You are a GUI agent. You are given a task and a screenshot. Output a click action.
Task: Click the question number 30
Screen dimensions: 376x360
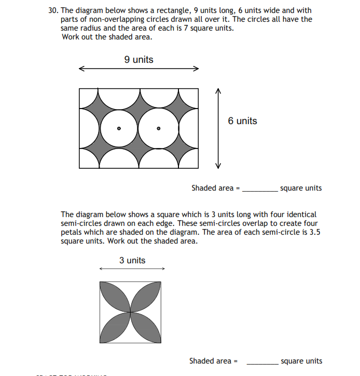click(53, 10)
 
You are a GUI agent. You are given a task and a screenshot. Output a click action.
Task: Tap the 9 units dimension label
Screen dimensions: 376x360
click(139, 60)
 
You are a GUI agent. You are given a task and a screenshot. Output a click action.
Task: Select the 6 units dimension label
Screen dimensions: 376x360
click(242, 121)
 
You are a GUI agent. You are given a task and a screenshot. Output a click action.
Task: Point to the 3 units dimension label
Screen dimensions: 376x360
click(132, 260)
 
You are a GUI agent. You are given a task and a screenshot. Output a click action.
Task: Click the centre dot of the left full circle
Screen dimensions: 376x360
click(119, 128)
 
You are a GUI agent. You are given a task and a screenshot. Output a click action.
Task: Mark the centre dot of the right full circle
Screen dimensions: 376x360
click(159, 128)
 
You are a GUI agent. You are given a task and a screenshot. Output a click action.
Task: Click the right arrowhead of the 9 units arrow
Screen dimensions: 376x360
click(196, 69)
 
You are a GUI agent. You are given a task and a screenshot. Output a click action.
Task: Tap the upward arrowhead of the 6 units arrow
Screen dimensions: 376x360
click(218, 91)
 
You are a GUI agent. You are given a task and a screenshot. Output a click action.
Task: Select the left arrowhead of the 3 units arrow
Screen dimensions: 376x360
click(102, 268)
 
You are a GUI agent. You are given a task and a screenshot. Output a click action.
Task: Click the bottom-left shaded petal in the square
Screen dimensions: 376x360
click(115, 327)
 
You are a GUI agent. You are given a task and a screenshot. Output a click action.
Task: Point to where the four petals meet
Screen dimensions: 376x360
click(130, 312)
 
